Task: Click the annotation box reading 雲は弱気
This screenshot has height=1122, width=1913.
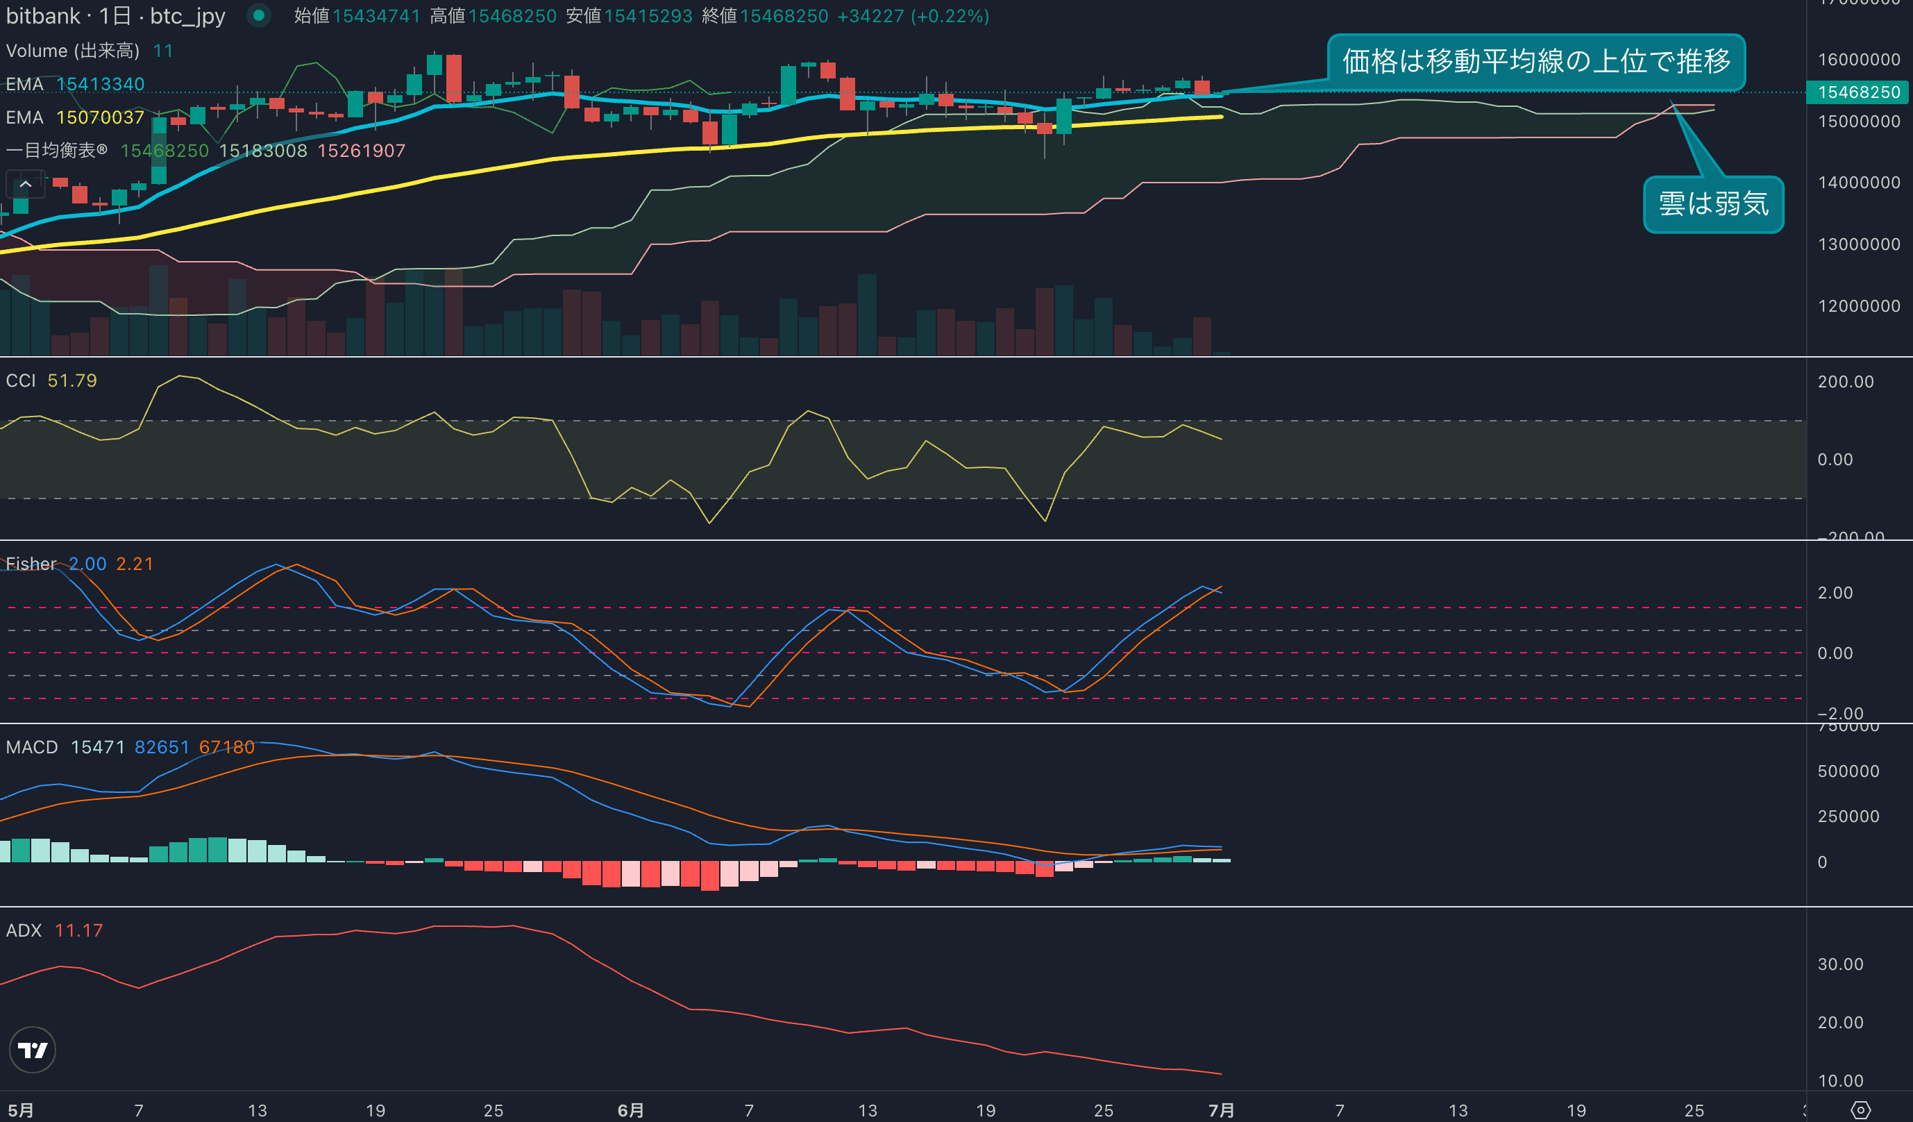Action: (x=1712, y=204)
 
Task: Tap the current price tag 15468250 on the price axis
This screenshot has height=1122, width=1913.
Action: (x=1858, y=92)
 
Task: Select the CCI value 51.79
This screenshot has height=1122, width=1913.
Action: (x=72, y=380)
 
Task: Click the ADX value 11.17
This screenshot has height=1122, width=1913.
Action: (x=78, y=930)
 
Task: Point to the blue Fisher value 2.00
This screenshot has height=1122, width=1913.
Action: (x=87, y=564)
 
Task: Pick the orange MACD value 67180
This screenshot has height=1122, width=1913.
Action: (x=226, y=747)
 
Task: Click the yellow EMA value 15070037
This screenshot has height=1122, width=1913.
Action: (x=99, y=117)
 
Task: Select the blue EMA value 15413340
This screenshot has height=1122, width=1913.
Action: (x=100, y=84)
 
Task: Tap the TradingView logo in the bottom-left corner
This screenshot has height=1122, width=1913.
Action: (x=32, y=1050)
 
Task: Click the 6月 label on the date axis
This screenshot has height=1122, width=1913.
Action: (x=630, y=1111)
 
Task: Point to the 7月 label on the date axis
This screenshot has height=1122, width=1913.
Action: (x=1221, y=1111)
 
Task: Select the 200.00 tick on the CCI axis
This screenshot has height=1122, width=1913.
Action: (x=1846, y=382)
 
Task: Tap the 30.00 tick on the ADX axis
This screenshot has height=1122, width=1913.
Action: (x=1840, y=964)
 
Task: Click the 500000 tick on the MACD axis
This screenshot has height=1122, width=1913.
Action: (x=1848, y=771)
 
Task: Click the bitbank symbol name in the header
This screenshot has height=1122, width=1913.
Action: (x=42, y=16)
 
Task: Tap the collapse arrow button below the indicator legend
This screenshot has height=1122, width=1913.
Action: (x=25, y=184)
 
